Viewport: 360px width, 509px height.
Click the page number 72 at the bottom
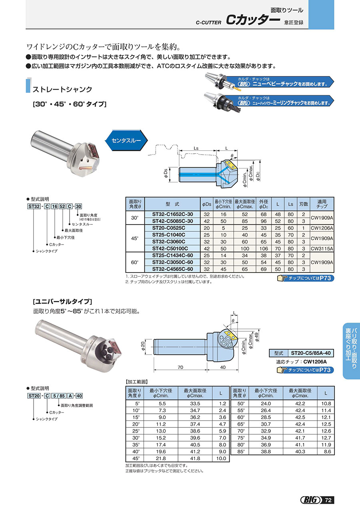click(x=328, y=500)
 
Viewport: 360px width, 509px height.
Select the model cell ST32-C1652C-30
click(x=172, y=214)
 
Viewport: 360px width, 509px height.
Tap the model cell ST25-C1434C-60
click(x=172, y=255)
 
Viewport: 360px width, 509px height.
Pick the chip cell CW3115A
click(x=322, y=248)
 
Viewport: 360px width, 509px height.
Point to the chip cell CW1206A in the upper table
click(x=322, y=228)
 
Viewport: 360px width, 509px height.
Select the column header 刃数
click(x=304, y=204)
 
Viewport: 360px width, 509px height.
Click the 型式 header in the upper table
click(x=172, y=204)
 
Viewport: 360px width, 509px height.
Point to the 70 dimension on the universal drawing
click(x=180, y=367)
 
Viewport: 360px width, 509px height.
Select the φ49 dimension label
click(x=257, y=337)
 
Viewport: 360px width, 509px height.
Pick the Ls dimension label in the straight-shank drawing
click(x=196, y=148)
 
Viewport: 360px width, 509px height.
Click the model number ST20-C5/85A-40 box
click(x=310, y=353)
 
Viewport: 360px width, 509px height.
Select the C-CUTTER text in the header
click(x=208, y=23)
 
